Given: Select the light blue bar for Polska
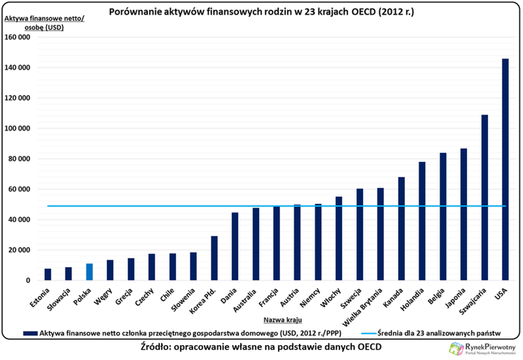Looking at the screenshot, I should (x=89, y=272).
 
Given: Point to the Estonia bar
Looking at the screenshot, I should (x=48, y=274).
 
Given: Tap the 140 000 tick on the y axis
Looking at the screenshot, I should (x=18, y=67).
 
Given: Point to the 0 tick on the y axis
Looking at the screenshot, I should (x=27, y=280).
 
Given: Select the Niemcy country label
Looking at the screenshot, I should (x=311, y=297).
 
